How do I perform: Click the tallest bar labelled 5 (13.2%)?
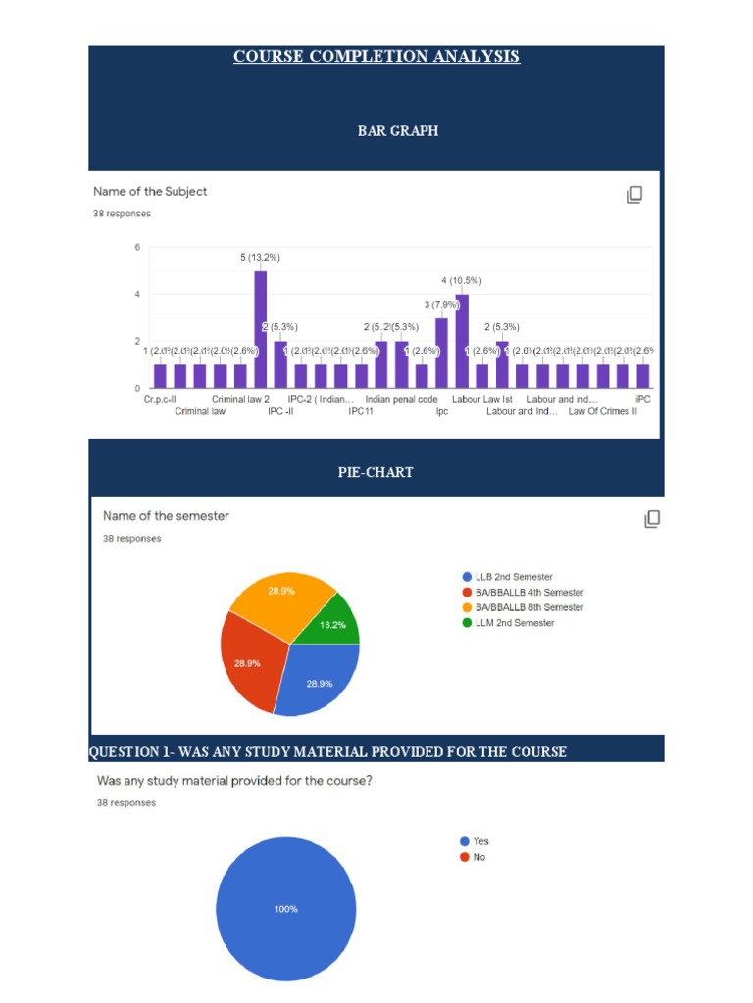(260, 329)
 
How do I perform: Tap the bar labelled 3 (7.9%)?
(441, 353)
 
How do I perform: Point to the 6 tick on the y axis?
(137, 247)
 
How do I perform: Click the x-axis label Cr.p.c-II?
(160, 400)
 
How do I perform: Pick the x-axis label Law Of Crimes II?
(602, 412)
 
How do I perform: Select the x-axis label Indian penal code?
(401, 400)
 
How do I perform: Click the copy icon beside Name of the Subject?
(634, 195)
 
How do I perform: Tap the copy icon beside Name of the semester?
(652, 519)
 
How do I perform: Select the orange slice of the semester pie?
(282, 599)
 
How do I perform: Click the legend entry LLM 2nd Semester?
(507, 623)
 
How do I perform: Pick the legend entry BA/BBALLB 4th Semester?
(522, 593)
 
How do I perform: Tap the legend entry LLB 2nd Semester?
(507, 577)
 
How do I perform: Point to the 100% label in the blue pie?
(285, 909)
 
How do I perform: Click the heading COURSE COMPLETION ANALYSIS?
(376, 56)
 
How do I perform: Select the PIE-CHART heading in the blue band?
(376, 472)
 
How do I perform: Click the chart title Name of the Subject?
(150, 192)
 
